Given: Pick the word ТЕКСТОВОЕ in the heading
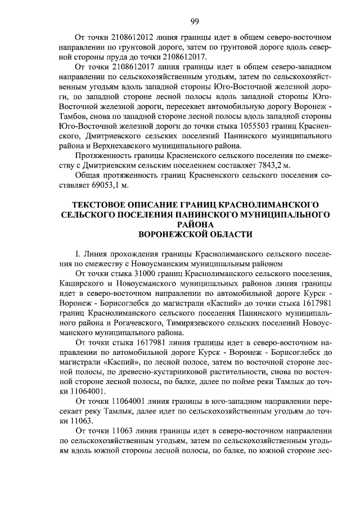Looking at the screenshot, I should (99, 203).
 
